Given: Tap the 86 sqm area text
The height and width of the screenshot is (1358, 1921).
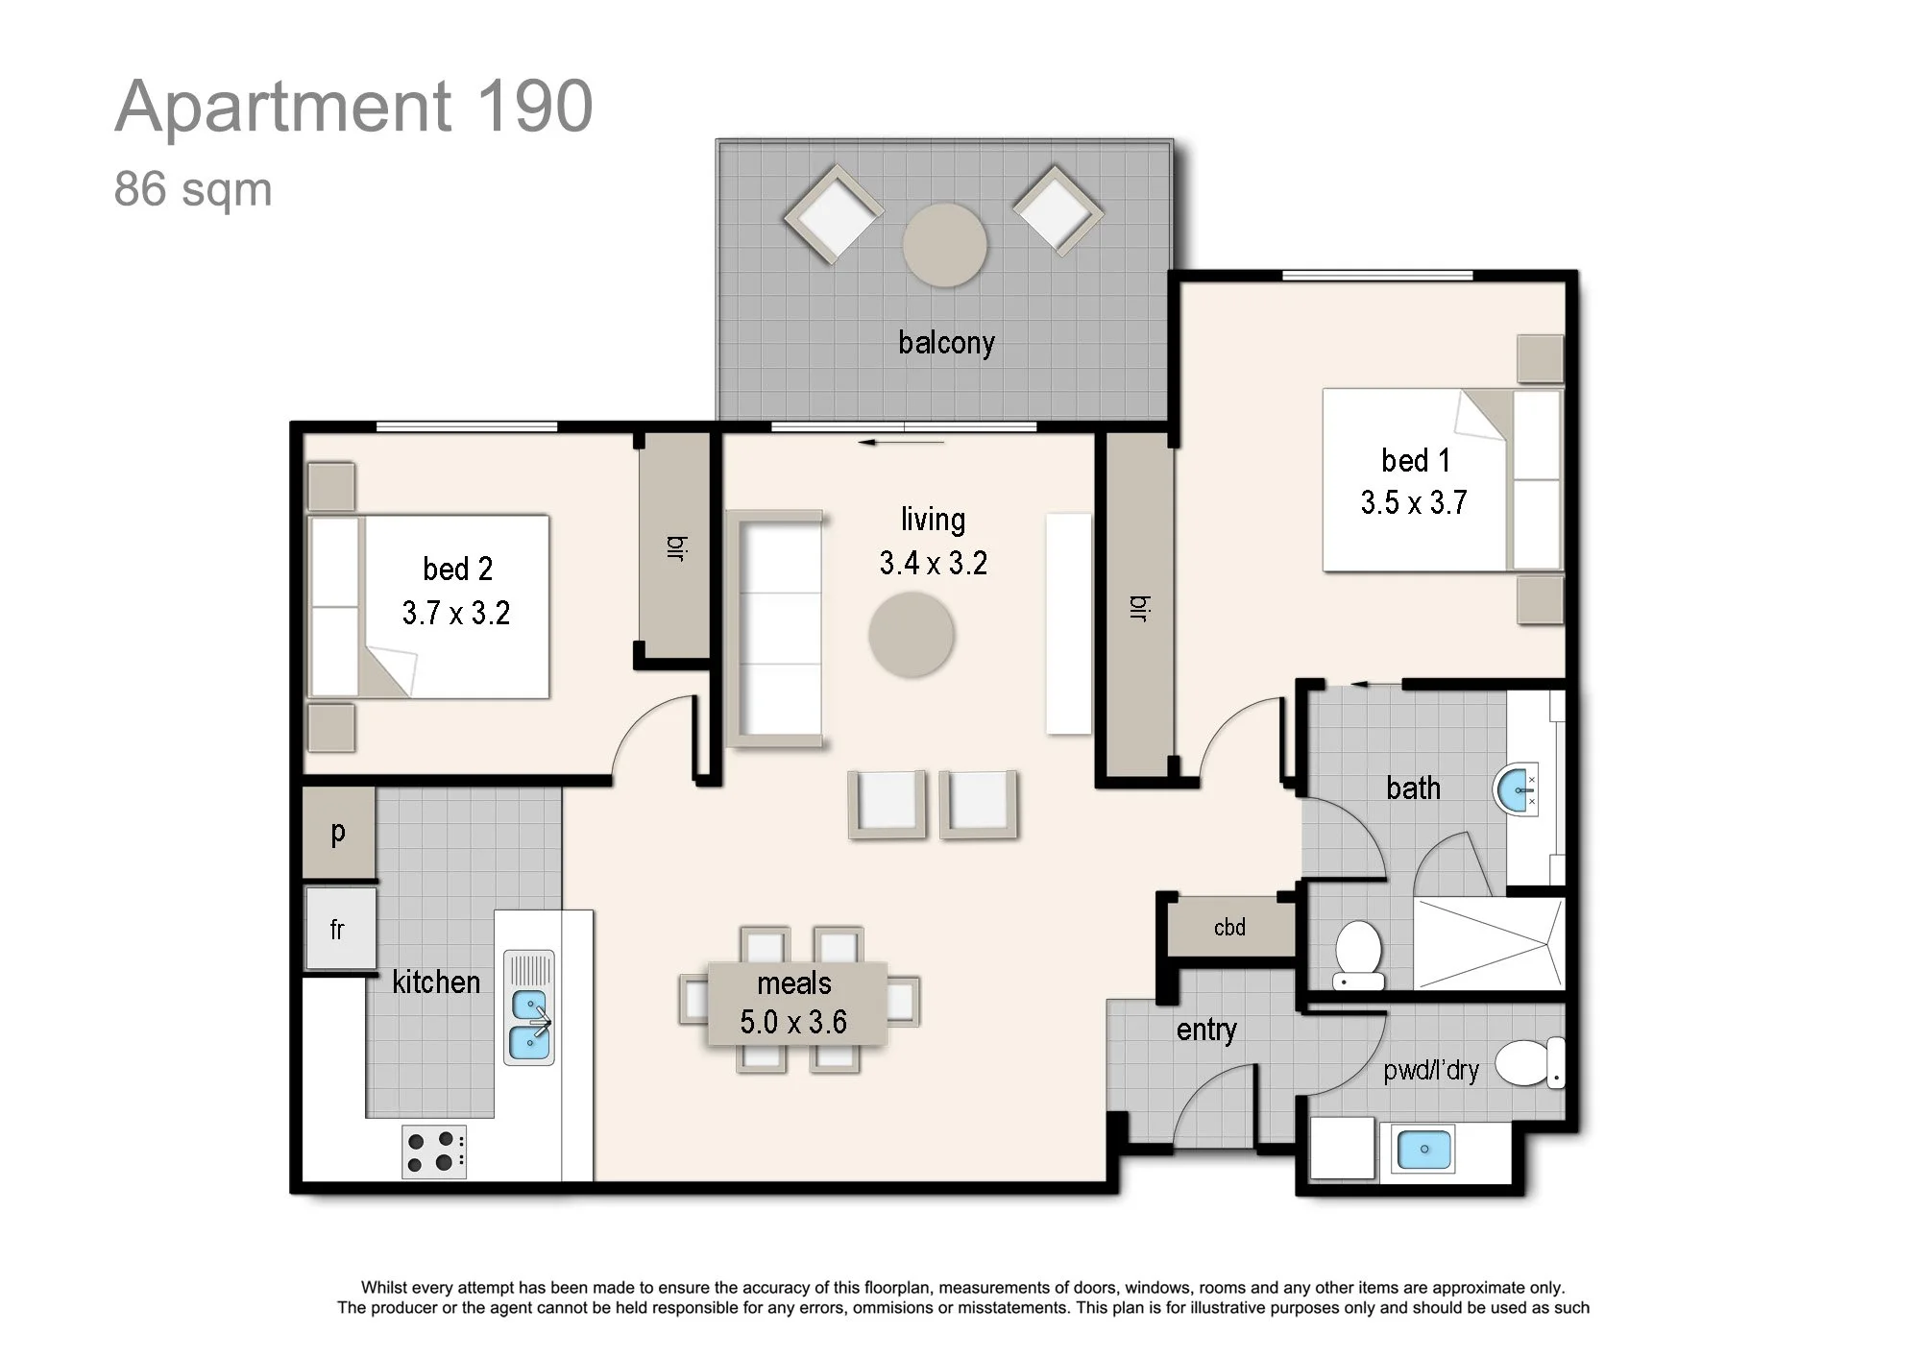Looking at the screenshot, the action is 193,189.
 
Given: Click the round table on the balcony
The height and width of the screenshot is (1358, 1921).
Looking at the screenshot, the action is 945,245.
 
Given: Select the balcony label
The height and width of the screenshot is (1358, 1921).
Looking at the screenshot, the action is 946,343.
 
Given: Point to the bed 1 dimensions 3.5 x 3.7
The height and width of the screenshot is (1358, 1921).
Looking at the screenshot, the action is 1414,502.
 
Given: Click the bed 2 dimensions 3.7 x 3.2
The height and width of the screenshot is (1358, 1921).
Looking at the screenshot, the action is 456,613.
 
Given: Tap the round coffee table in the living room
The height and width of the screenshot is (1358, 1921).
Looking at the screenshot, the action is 912,635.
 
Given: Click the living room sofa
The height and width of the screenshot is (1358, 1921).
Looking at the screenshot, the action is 775,629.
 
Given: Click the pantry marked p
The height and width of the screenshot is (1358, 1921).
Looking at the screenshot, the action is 338,833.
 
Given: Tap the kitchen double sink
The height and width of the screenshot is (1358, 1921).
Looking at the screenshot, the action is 529,1007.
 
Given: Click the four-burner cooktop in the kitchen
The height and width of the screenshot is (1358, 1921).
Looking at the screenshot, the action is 434,1152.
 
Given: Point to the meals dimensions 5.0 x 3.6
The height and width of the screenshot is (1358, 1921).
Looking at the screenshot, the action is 793,1022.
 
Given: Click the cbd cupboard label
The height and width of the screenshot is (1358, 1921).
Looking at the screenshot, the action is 1229,928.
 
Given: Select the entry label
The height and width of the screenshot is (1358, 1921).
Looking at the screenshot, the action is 1206,1031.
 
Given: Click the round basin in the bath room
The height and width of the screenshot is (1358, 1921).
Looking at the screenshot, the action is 1516,789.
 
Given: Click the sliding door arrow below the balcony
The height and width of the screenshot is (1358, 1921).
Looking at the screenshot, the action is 902,443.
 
